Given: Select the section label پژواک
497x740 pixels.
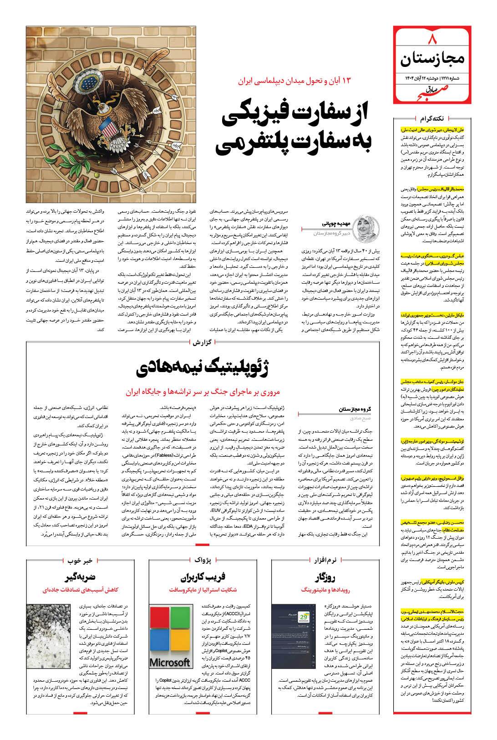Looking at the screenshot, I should click(x=203, y=560).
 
